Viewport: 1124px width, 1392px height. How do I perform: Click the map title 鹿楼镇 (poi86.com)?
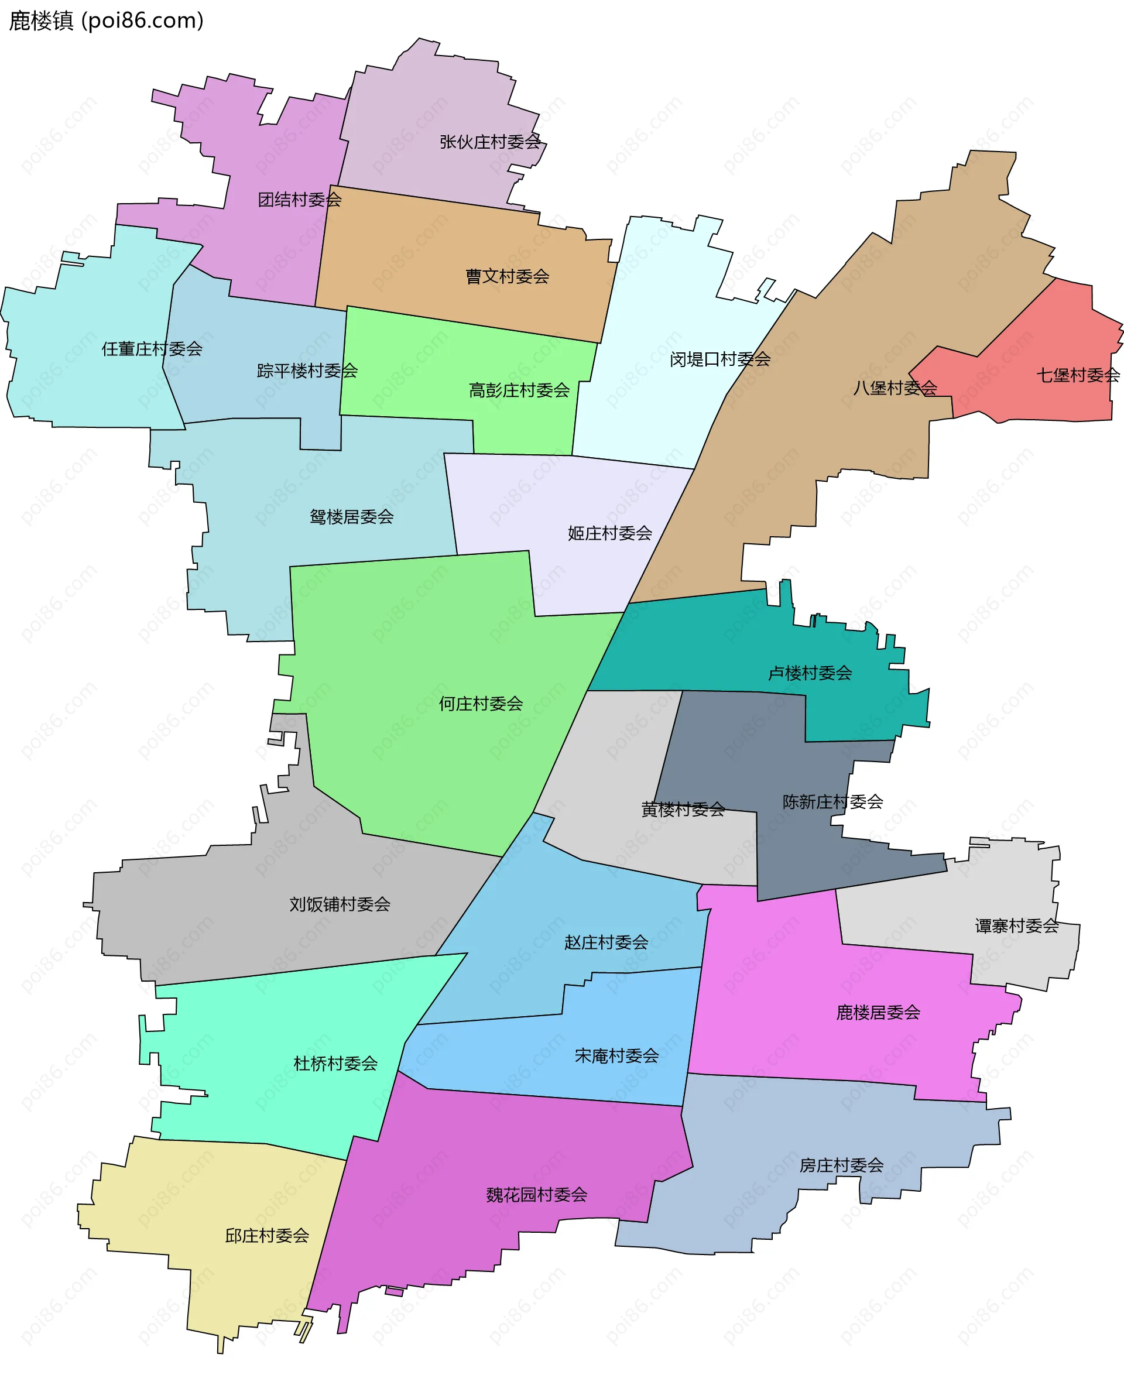pos(106,20)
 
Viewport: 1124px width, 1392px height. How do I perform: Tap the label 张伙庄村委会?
pos(489,142)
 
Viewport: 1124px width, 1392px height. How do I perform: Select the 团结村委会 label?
pos(299,200)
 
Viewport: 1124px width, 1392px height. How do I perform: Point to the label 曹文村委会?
pos(507,276)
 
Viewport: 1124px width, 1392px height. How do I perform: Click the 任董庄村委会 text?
pos(152,349)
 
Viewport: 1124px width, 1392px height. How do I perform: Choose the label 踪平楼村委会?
pos(307,371)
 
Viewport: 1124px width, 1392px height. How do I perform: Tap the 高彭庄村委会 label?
pos(519,390)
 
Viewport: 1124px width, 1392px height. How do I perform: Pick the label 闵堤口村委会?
pos(719,359)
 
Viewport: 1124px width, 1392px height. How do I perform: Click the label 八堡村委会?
pos(894,388)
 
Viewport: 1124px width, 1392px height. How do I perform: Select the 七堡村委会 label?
pos(1077,375)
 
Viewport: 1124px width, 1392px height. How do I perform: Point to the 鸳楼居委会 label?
pos(352,517)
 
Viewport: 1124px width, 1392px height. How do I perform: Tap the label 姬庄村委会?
pos(609,533)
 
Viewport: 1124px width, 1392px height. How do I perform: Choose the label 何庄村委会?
pos(481,703)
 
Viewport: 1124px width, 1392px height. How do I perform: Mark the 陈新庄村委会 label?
pos(832,801)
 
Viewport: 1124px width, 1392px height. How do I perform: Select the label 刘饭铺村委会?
pos(340,904)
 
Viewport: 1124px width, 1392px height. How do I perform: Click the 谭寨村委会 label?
pos(1016,926)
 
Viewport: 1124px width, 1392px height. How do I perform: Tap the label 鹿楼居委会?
pos(878,1012)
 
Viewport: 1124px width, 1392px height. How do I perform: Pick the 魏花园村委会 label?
pos(536,1195)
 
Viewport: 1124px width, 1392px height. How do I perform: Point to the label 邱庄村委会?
pos(267,1235)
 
